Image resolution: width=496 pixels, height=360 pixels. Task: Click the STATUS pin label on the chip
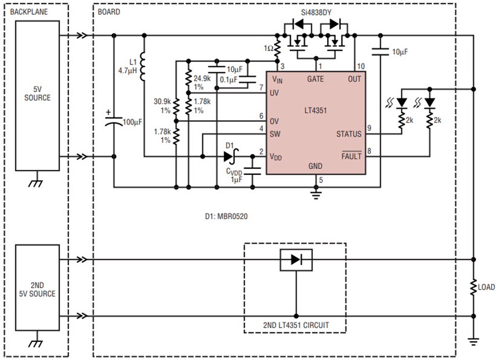point(349,134)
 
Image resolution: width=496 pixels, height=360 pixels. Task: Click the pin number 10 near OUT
point(361,66)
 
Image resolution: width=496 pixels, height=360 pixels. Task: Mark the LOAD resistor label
point(486,287)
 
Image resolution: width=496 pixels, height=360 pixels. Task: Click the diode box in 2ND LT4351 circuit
point(296,259)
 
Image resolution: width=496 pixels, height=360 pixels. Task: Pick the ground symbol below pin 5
point(316,192)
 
